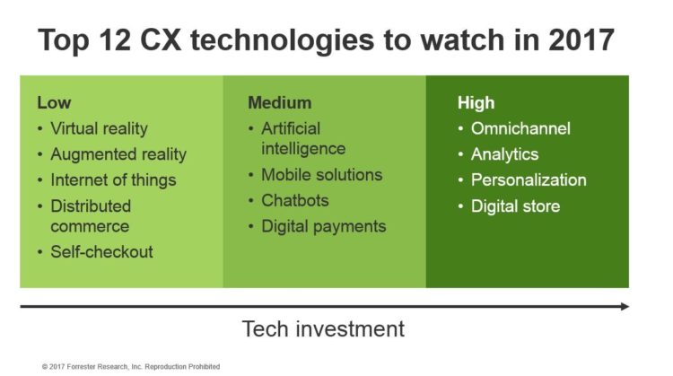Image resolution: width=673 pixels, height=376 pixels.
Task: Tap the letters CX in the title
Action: (x=161, y=39)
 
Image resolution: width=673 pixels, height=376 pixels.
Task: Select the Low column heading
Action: (x=54, y=102)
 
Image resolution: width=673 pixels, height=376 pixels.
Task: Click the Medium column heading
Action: (x=280, y=102)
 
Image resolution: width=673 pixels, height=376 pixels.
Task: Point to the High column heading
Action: (x=476, y=102)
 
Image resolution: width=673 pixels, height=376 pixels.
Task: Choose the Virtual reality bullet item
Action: (x=99, y=128)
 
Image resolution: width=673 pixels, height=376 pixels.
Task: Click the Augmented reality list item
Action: (x=118, y=154)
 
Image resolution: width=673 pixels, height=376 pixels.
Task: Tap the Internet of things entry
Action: (x=113, y=179)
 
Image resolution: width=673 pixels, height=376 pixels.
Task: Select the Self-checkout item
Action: (x=101, y=252)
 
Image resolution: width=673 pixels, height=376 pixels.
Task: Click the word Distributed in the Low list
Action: (x=91, y=206)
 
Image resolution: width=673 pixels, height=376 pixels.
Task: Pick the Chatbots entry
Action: (x=295, y=200)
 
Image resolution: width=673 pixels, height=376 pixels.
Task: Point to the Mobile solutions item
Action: (x=322, y=175)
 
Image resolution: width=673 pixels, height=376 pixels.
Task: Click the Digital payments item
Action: (x=324, y=226)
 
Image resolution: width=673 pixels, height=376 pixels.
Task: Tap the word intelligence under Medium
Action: (x=303, y=149)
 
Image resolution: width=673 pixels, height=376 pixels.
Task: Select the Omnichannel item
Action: (x=520, y=128)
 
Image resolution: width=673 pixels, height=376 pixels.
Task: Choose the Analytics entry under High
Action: (x=504, y=154)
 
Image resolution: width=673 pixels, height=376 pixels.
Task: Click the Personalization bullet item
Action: (x=529, y=179)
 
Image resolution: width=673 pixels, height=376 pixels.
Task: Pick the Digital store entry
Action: (x=515, y=206)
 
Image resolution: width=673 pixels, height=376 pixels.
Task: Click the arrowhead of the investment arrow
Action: (x=625, y=307)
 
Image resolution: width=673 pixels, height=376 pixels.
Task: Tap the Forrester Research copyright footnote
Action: (x=131, y=366)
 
